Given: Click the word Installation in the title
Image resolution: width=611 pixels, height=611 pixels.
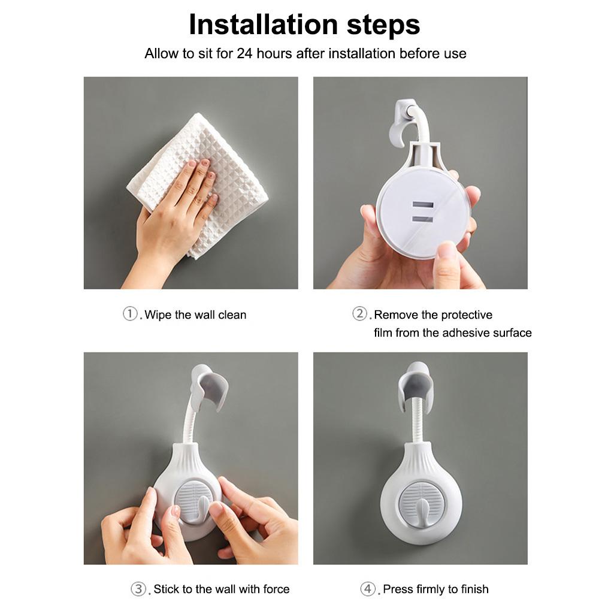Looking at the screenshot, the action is point(263,25).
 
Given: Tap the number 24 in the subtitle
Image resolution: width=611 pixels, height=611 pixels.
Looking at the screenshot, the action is point(245,53).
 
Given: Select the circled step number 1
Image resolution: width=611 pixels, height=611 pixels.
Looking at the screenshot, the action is point(130,313).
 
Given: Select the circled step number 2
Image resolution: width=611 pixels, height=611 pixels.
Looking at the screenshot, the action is point(359,313).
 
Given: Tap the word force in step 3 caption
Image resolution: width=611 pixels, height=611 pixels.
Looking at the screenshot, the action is point(276,589).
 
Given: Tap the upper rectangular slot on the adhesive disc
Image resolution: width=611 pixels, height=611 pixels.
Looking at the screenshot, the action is point(422,205).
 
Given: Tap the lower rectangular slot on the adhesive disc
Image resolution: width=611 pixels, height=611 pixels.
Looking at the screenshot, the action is point(422,219).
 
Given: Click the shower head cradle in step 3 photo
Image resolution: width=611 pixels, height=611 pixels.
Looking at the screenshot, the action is point(209,388).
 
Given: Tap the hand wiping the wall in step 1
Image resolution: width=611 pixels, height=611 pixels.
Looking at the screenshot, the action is point(171,218).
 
